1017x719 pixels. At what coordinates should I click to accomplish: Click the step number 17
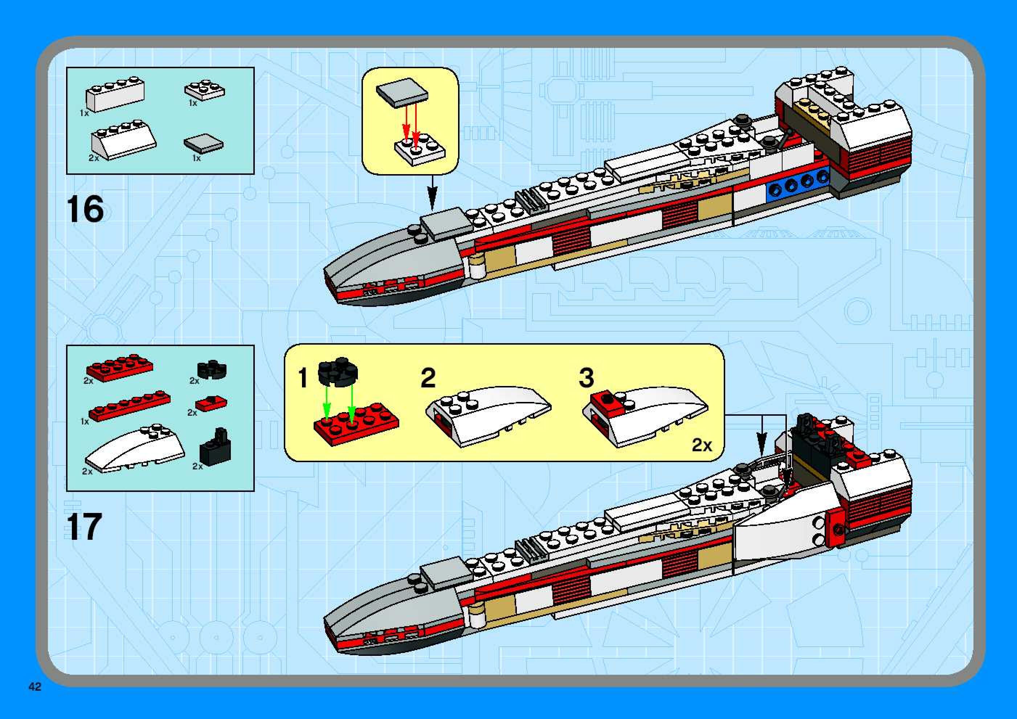click(x=84, y=526)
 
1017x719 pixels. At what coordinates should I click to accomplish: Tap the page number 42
click(x=34, y=686)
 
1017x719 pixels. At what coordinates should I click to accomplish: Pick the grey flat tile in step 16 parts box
click(x=204, y=144)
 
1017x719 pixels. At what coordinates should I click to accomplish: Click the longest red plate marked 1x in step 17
click(x=129, y=406)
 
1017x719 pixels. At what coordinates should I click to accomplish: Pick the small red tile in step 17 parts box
click(x=211, y=403)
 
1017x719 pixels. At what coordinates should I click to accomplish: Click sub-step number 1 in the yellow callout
click(x=303, y=378)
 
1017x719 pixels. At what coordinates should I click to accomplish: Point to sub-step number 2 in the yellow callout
click(x=428, y=378)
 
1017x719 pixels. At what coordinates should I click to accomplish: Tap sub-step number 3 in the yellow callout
click(x=587, y=378)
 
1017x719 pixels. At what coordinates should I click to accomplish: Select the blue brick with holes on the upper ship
click(x=797, y=185)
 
